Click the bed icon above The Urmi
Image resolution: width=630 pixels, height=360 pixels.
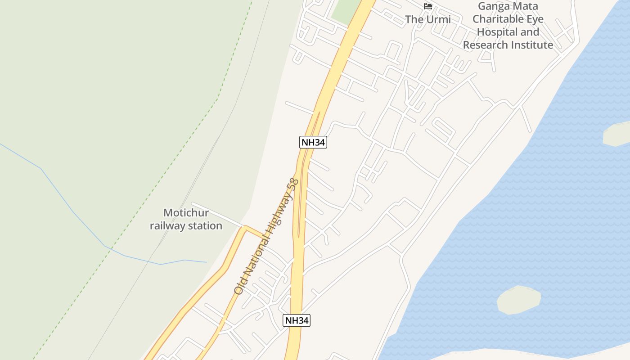coord(428,6)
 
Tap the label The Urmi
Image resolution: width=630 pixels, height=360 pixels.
coord(427,19)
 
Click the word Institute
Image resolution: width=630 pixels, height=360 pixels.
coord(532,45)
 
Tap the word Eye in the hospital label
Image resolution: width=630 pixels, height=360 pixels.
coord(533,19)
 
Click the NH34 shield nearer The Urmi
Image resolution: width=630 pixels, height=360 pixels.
coord(313,142)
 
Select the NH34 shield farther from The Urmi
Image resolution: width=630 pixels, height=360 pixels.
coord(297,320)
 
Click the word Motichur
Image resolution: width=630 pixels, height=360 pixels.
coord(186,213)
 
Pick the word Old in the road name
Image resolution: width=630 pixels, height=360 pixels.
coord(239,287)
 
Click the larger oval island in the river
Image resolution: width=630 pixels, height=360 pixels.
coord(518,300)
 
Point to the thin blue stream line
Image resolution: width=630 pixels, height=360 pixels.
coord(72,209)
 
